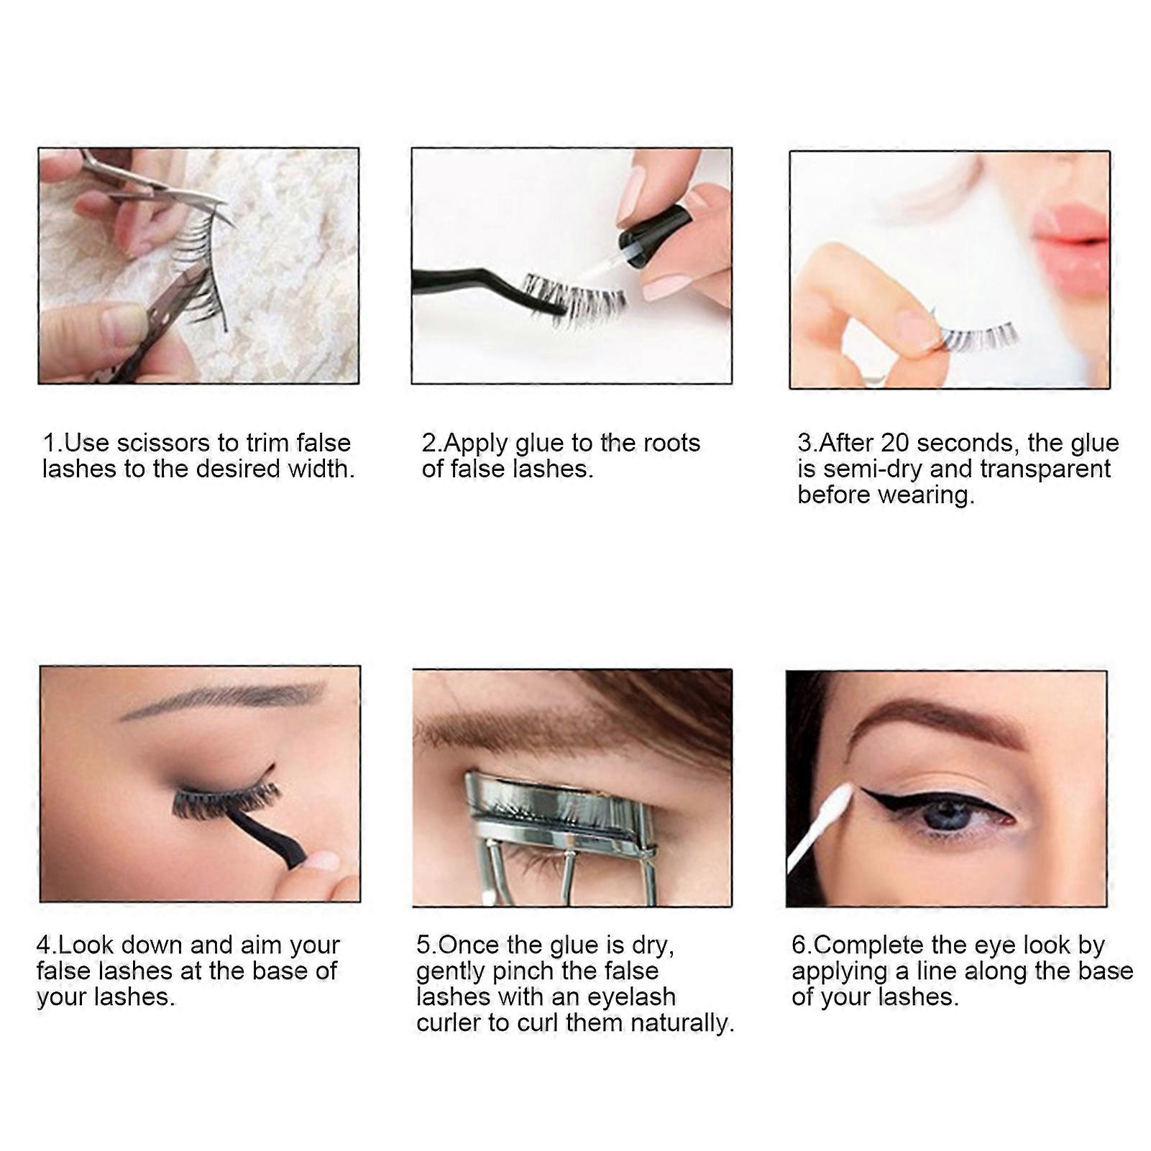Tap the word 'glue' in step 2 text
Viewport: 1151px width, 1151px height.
tap(540, 442)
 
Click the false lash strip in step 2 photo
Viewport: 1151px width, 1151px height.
tap(575, 295)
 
